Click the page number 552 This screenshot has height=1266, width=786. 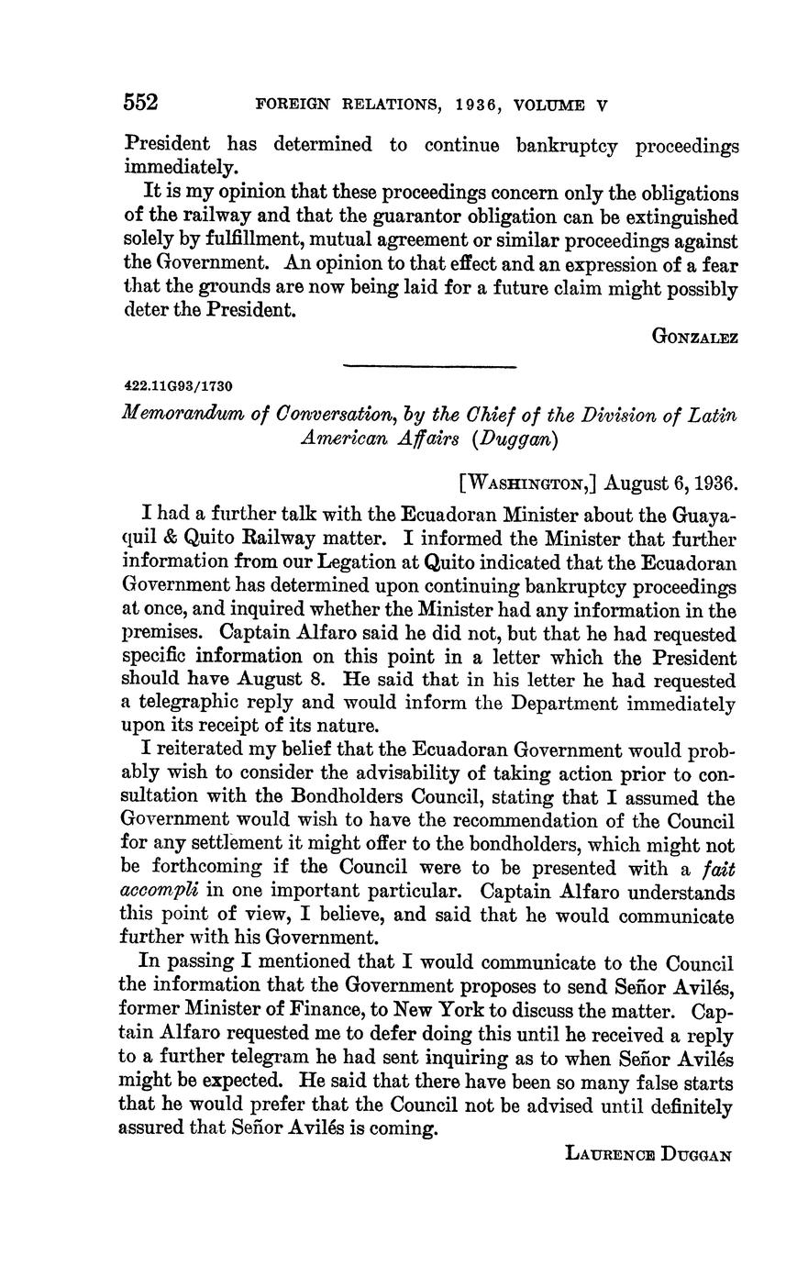(x=142, y=103)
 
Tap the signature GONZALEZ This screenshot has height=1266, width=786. (x=694, y=337)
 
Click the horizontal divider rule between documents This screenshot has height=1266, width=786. (x=430, y=366)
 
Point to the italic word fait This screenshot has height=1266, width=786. (x=718, y=867)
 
